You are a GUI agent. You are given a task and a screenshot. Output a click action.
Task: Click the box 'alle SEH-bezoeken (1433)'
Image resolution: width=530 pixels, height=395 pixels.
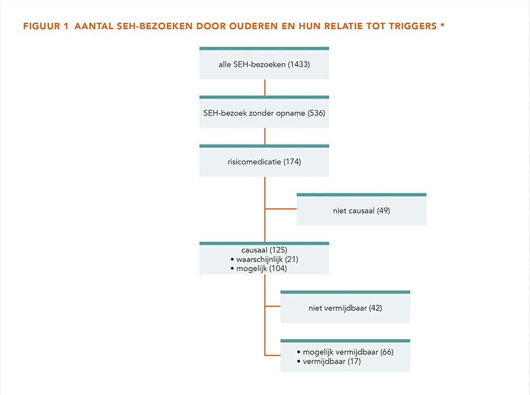point(264,63)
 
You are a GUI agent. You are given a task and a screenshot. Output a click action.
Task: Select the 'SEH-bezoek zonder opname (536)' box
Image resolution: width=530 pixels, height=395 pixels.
point(264,112)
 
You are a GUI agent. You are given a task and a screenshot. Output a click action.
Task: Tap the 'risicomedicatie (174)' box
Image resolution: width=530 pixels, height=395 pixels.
point(264,161)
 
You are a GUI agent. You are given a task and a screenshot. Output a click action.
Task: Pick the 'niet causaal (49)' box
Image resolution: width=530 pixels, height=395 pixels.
point(362,209)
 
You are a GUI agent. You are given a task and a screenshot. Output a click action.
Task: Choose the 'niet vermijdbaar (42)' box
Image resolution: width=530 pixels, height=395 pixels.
point(345,307)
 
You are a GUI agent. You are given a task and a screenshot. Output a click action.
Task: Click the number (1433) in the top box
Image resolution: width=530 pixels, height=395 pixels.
point(299,64)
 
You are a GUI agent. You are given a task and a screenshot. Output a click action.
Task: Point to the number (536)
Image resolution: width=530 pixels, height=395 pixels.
point(317,113)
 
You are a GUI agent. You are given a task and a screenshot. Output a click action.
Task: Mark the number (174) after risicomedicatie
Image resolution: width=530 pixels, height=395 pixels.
point(292,162)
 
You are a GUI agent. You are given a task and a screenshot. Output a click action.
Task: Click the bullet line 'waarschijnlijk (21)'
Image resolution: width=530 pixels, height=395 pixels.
point(264,260)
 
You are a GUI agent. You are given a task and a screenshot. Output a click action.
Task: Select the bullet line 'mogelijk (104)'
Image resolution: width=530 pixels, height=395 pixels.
point(258,269)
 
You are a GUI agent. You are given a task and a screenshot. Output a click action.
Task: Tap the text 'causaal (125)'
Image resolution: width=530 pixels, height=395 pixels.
point(264,250)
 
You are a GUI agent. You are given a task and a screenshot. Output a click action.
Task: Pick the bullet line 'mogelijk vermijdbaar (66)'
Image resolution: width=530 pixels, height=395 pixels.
point(345,352)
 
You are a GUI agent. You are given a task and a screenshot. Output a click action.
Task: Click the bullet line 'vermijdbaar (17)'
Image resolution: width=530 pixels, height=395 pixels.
point(329,361)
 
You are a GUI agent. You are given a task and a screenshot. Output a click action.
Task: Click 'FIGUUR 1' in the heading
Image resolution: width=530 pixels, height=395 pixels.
point(46,26)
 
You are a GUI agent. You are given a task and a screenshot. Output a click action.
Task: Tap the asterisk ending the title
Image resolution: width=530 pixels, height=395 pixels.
point(442,25)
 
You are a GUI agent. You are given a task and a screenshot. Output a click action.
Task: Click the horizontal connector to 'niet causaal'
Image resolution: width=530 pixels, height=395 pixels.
point(281,209)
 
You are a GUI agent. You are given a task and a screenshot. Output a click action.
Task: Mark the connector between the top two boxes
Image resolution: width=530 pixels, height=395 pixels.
point(264,87)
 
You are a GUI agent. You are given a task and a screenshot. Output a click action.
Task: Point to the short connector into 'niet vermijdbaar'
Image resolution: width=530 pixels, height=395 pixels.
point(273,307)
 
